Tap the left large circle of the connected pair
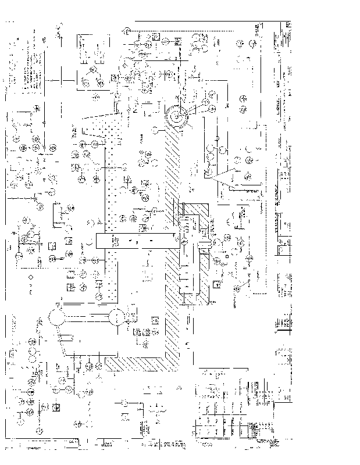58,317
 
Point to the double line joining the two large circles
87,317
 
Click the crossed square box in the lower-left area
56,406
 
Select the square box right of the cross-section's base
216,284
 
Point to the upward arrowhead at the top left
59,26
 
